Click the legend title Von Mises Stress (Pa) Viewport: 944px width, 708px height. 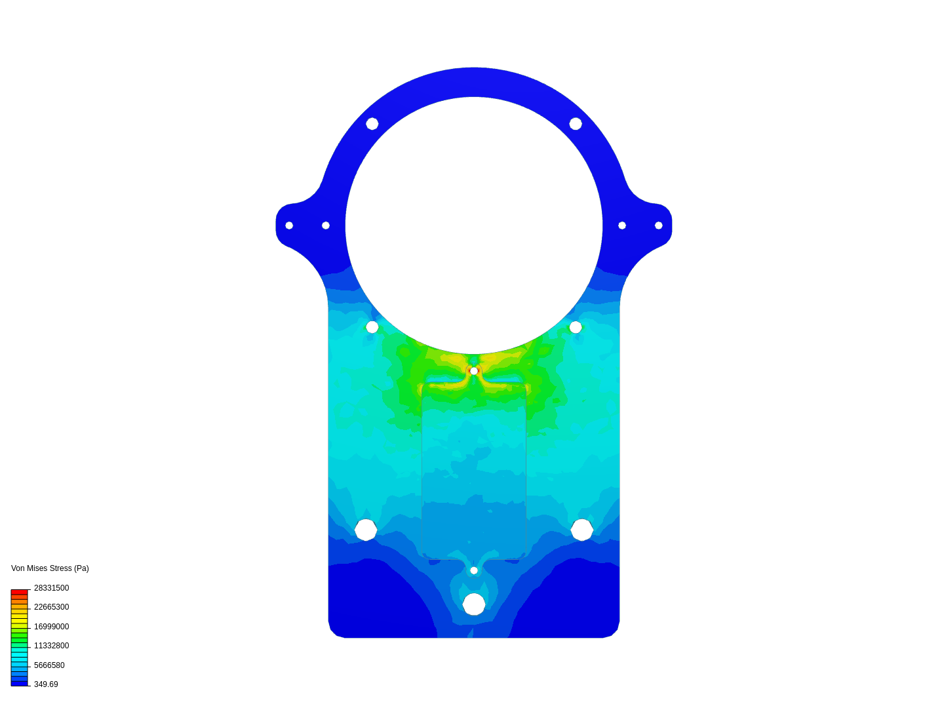[x=50, y=568]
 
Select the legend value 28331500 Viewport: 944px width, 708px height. [x=51, y=588]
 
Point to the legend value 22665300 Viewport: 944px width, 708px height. [x=51, y=607]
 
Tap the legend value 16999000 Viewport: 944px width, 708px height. [x=51, y=627]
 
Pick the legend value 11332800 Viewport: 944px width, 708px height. [x=51, y=646]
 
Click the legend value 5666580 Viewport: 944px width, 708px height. [x=49, y=665]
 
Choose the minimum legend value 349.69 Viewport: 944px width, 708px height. [x=46, y=684]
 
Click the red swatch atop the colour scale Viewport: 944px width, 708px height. [x=19, y=592]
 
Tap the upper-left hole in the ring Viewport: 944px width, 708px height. [x=372, y=124]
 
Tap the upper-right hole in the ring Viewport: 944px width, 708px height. [x=576, y=124]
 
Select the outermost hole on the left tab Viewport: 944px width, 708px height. [x=289, y=226]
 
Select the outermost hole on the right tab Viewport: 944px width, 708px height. [x=659, y=226]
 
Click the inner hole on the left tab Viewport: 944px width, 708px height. [x=326, y=226]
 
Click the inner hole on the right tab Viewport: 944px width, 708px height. [x=622, y=226]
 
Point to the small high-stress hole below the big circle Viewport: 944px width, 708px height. [x=474, y=371]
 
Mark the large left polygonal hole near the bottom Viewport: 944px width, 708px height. [x=366, y=530]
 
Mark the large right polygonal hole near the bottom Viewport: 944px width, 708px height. [x=582, y=530]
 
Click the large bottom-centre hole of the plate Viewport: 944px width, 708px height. [x=474, y=604]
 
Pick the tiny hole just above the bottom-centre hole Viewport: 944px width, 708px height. [x=474, y=570]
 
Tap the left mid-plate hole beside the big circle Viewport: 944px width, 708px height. [x=372, y=327]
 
